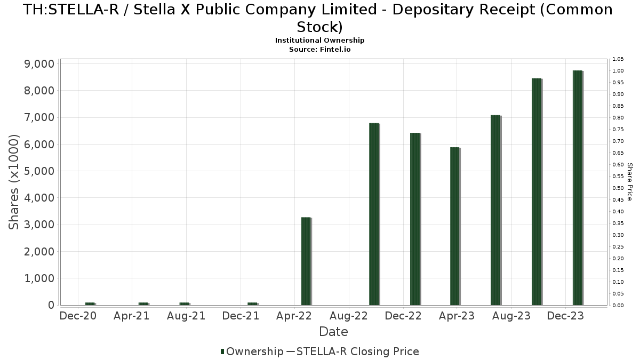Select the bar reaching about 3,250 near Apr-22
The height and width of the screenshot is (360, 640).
(x=306, y=261)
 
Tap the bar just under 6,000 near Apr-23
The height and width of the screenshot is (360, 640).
(x=455, y=226)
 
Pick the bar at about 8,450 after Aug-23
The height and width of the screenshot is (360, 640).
(x=537, y=192)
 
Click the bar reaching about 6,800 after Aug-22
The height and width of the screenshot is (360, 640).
(x=374, y=214)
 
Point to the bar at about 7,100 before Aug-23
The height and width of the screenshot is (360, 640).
(x=496, y=210)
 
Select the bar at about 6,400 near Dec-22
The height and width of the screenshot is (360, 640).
(x=415, y=219)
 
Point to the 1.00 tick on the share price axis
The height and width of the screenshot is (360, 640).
(x=618, y=71)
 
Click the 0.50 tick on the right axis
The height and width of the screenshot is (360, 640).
(x=618, y=188)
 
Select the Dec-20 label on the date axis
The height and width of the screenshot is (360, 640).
(x=78, y=316)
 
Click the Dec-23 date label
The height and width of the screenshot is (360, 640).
(x=566, y=316)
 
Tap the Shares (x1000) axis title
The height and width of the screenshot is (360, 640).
(x=14, y=182)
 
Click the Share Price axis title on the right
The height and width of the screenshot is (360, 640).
(x=630, y=182)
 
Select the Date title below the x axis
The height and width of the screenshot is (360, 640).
(x=333, y=332)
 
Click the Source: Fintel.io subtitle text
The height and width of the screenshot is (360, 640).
(x=320, y=49)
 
